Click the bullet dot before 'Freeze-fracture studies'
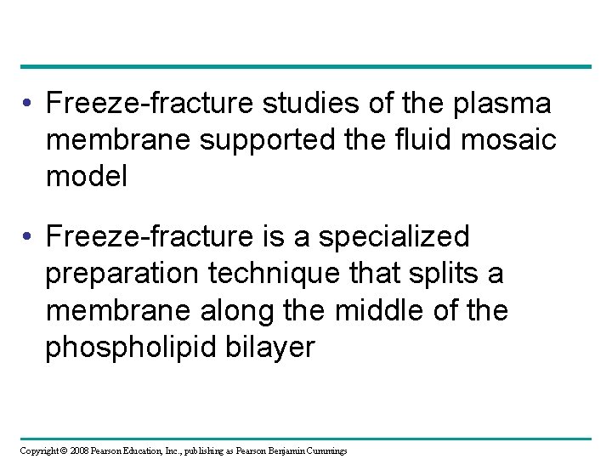tap(29, 105)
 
